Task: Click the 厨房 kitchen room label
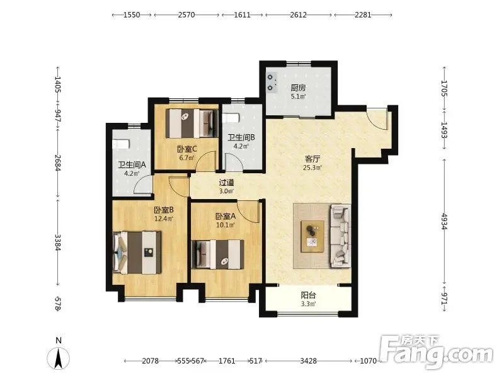(x=298, y=88)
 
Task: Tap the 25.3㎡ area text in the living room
(x=312, y=168)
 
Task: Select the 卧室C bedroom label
(x=186, y=149)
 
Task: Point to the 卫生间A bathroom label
(x=132, y=165)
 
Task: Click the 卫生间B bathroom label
(x=241, y=137)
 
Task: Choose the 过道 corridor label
(x=226, y=183)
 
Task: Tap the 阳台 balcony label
(x=308, y=295)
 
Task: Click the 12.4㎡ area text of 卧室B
(x=164, y=219)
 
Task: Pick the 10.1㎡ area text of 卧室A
(x=226, y=225)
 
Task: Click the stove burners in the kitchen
(x=272, y=83)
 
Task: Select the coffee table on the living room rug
(x=312, y=237)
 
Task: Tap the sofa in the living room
(x=341, y=236)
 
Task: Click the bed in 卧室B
(x=137, y=253)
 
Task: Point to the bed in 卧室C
(x=192, y=123)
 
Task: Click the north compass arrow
(x=58, y=358)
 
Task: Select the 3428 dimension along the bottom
(x=308, y=361)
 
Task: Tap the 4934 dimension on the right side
(x=444, y=221)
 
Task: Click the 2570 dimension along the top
(x=186, y=14)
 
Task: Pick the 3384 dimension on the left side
(x=58, y=242)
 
